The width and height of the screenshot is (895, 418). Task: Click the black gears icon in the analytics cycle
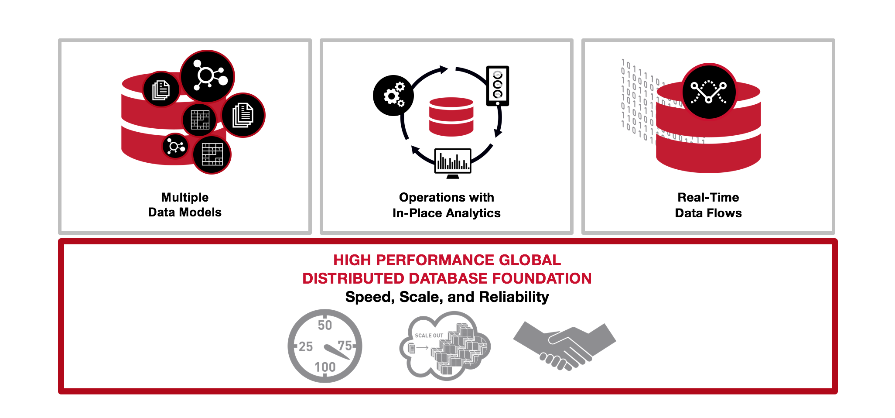click(x=393, y=95)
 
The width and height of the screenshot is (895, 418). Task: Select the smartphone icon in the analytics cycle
click(x=498, y=86)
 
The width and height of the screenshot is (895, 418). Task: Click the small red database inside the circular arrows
click(x=451, y=117)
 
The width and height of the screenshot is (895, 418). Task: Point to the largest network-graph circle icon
click(x=207, y=77)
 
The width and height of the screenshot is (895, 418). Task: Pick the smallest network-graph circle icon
click(x=175, y=146)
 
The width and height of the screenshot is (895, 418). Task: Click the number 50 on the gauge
click(x=325, y=325)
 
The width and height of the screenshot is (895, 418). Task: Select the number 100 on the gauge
click(x=325, y=367)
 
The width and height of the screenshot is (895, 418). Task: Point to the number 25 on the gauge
click(x=306, y=346)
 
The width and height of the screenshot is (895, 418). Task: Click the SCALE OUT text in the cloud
click(x=429, y=336)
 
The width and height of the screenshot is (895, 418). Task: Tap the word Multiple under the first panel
click(x=185, y=198)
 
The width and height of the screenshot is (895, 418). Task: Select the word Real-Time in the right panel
click(x=708, y=197)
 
